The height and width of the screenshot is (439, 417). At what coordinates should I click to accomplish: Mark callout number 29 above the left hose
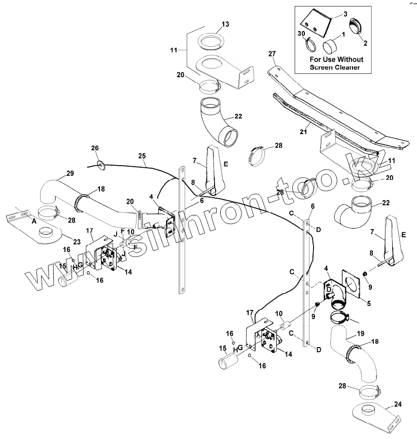[70, 173]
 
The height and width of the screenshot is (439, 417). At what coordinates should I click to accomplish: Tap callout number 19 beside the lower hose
[360, 334]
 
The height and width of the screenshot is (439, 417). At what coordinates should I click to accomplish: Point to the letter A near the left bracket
[34, 222]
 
